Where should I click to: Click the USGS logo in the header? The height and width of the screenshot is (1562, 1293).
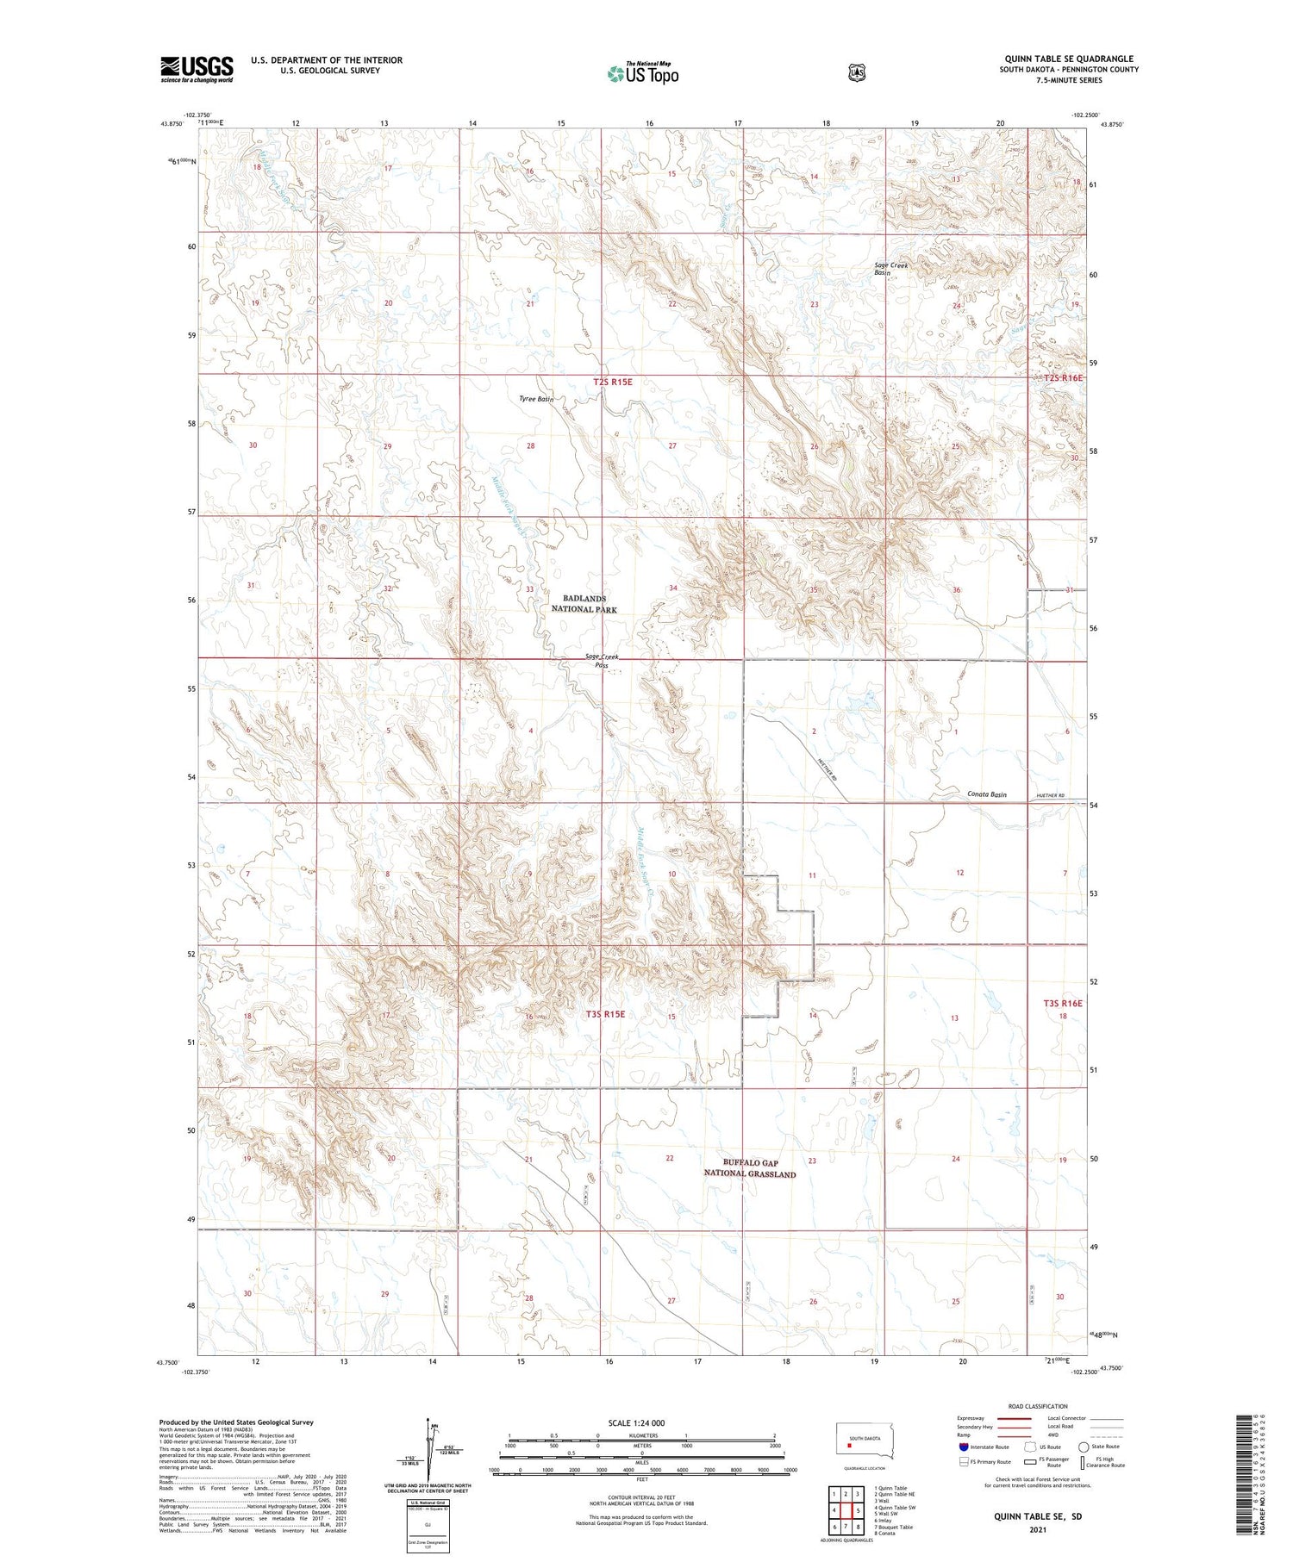[x=197, y=69]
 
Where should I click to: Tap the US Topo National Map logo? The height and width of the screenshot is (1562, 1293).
[x=642, y=73]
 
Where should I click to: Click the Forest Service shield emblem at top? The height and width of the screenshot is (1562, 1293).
[x=855, y=72]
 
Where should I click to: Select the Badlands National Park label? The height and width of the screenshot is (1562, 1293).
[x=584, y=604]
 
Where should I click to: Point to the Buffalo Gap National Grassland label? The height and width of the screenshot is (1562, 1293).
[x=749, y=1168]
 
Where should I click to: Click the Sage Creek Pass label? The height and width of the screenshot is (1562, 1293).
[x=602, y=661]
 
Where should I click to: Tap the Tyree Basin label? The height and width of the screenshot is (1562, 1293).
[x=535, y=399]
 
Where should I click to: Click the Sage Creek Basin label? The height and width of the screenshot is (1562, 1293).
[x=890, y=269]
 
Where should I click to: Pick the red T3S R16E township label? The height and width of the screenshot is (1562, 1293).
[x=1062, y=1003]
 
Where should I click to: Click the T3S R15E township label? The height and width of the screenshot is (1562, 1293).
[x=605, y=1014]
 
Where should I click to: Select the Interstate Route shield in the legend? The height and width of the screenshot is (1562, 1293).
[x=963, y=1447]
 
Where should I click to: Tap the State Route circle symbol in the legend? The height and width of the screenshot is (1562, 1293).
[x=1084, y=1447]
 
